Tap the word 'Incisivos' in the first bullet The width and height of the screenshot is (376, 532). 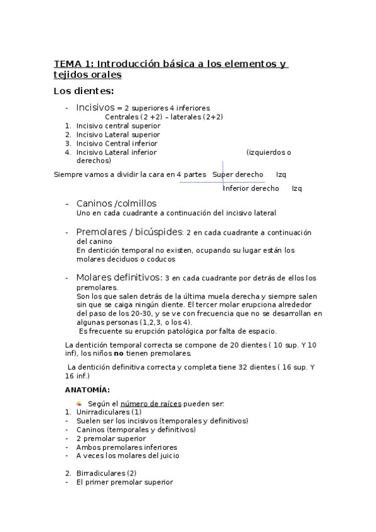pyautogui.click(x=95, y=107)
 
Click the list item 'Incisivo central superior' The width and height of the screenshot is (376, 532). pyautogui.click(x=118, y=125)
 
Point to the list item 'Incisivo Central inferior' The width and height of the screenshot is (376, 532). pyautogui.click(x=117, y=143)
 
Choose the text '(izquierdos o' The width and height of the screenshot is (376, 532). pyautogui.click(x=269, y=152)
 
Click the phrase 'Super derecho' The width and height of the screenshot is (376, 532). pyautogui.click(x=238, y=174)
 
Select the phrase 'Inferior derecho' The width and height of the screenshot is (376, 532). pyautogui.click(x=251, y=188)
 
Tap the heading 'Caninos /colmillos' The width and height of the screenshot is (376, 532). pyautogui.click(x=116, y=204)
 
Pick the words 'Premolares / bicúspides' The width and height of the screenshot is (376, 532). pyautogui.click(x=129, y=232)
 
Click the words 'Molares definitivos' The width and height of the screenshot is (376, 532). pyautogui.click(x=118, y=277)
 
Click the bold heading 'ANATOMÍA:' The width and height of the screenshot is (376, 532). pyautogui.click(x=87, y=390)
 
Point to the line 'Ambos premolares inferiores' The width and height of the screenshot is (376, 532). pyautogui.click(x=126, y=447)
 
